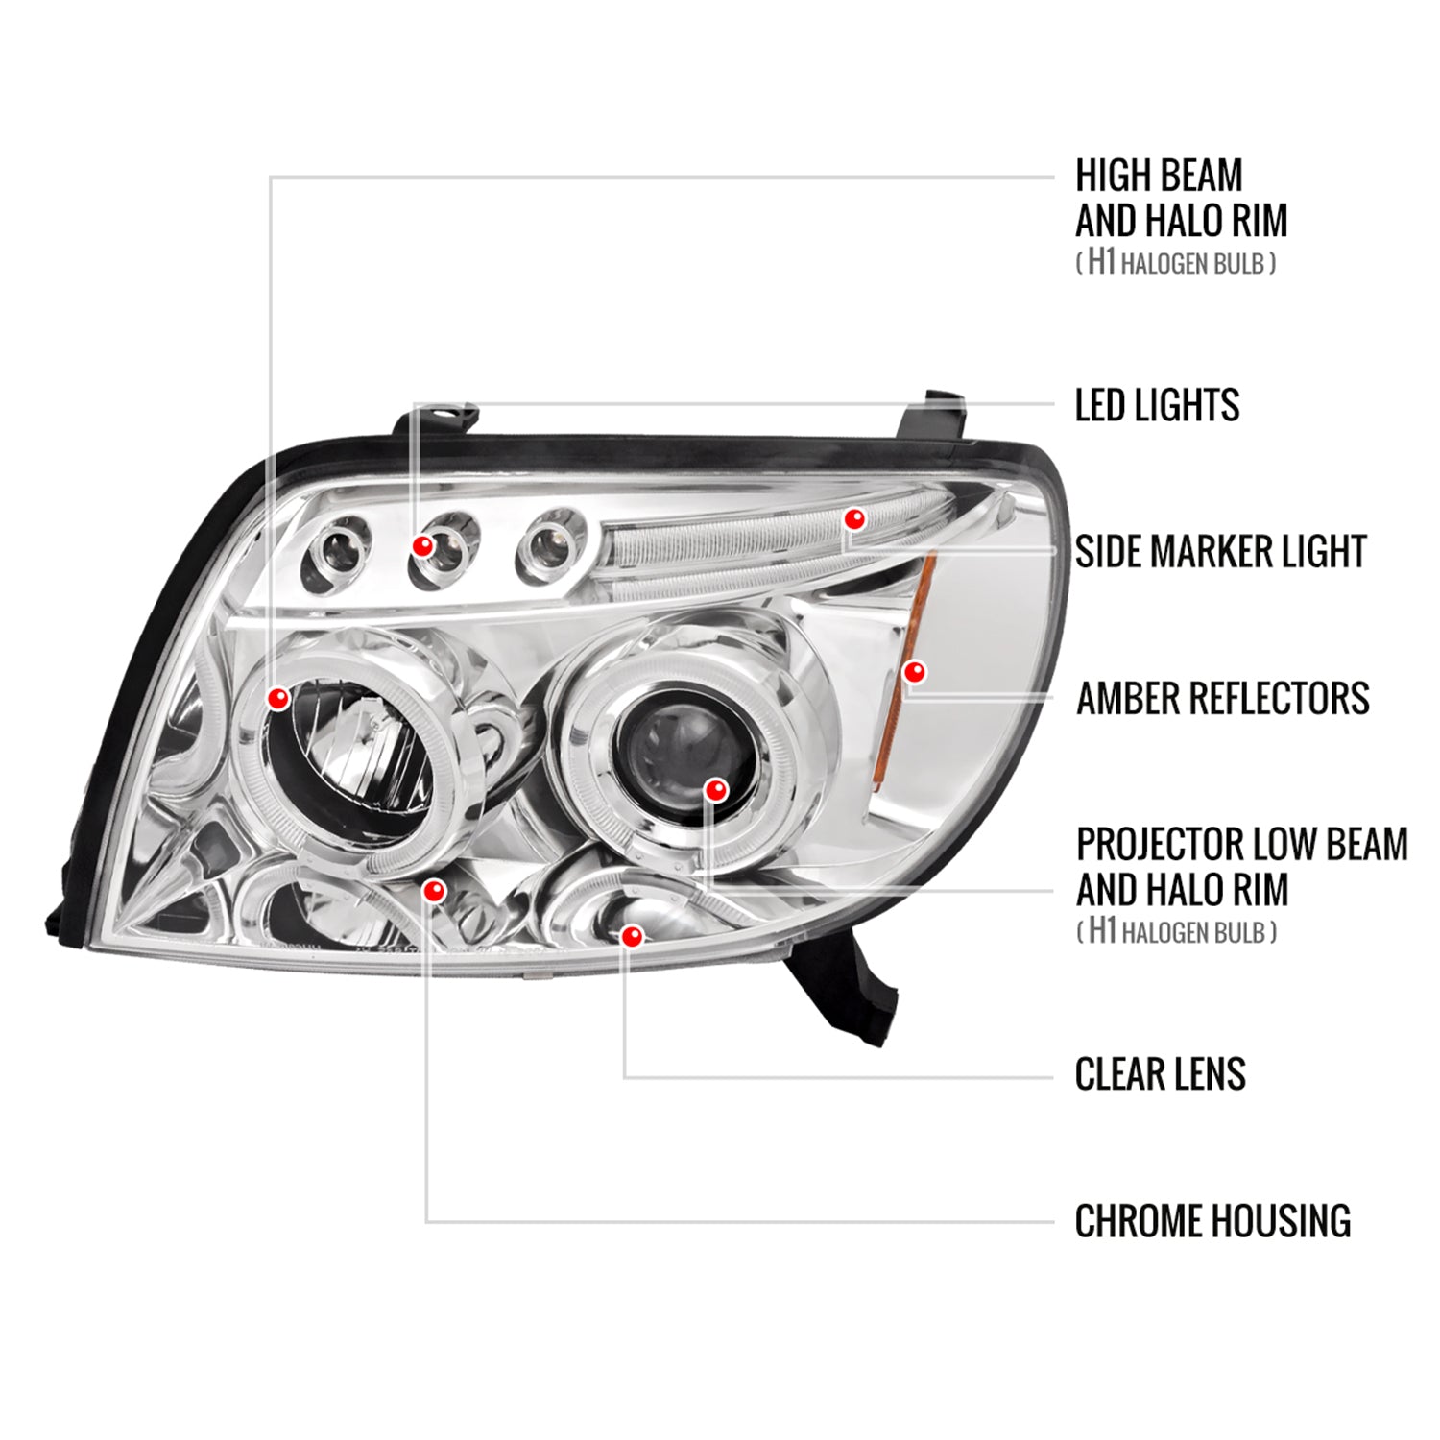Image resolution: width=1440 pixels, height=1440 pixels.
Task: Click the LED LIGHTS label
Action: (1157, 405)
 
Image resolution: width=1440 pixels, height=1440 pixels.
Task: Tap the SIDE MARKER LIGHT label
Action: (1220, 552)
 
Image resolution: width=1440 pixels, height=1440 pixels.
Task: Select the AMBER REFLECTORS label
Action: (1222, 699)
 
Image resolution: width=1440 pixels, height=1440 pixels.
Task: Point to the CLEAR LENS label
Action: (1160, 1074)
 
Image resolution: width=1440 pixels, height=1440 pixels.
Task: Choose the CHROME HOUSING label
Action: (1212, 1221)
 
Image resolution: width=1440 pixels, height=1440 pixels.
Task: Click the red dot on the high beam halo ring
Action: (278, 698)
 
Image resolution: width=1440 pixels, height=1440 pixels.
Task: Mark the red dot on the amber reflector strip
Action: (915, 672)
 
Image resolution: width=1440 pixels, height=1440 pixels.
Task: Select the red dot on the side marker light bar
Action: (853, 519)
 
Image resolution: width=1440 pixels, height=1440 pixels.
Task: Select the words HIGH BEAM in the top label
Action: (1158, 176)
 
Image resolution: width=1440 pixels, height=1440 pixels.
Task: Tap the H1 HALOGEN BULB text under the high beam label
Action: (1176, 263)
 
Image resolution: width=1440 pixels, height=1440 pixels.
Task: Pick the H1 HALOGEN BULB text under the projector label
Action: (1176, 932)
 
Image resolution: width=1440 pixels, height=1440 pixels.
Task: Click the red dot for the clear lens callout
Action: (631, 935)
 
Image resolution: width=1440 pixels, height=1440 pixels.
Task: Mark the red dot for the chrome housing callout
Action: (434, 891)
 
